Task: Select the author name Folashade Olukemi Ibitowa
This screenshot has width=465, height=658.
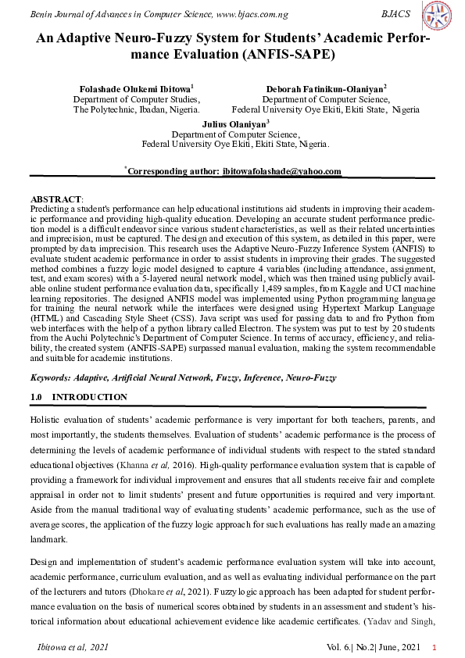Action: click(x=136, y=89)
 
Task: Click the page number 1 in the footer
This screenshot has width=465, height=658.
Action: click(x=434, y=648)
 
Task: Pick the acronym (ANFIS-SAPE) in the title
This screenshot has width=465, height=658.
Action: click(x=288, y=55)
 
